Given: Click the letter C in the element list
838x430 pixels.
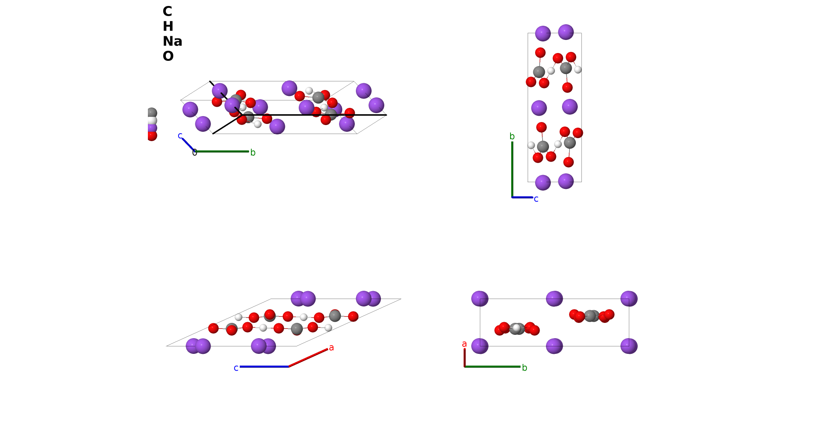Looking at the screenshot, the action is (x=167, y=12).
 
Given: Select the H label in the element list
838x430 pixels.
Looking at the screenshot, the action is (x=168, y=27).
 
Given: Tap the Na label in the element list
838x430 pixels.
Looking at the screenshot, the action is (x=172, y=41).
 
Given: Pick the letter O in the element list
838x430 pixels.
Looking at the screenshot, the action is (x=168, y=56).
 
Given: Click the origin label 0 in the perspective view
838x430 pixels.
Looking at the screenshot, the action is (x=195, y=153).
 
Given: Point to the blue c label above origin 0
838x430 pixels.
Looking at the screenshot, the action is (x=180, y=135).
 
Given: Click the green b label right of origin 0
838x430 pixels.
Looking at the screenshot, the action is (x=253, y=152).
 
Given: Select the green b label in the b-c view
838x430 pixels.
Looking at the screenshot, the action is (x=512, y=136).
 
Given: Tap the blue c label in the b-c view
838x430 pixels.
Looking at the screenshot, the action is (x=536, y=199).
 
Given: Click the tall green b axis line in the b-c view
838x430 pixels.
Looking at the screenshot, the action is (x=512, y=169).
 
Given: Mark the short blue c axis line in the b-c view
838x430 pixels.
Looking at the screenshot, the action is (x=522, y=197).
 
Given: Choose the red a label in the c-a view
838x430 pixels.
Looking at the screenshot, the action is (x=331, y=348).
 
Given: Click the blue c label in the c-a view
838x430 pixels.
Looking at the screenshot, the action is (x=236, y=368).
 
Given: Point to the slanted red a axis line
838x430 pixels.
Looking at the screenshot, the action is (x=308, y=358).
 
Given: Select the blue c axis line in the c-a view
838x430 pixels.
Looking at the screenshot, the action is (x=264, y=367).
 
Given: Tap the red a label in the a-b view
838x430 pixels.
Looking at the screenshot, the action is (x=464, y=344).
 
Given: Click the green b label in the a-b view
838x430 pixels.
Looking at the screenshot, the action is (x=524, y=368).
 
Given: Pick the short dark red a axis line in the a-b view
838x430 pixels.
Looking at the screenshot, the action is (x=465, y=358).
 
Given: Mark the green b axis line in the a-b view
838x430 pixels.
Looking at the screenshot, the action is (x=493, y=367).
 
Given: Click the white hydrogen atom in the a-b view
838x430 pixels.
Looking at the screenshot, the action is (x=516, y=328).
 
